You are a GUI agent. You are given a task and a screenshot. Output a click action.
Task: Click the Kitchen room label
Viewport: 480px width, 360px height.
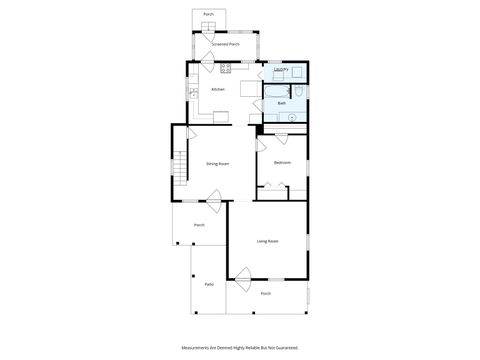tap(218, 89)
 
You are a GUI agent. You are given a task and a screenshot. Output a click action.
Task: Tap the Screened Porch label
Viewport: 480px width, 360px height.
tap(225, 45)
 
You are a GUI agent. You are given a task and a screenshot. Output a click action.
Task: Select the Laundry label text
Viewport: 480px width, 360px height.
tap(281, 70)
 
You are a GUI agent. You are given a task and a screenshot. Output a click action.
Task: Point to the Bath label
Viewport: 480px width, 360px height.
tap(282, 103)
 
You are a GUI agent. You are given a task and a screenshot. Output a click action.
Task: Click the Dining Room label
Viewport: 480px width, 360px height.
tap(218, 163)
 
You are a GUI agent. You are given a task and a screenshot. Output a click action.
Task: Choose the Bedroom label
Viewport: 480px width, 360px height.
tap(283, 162)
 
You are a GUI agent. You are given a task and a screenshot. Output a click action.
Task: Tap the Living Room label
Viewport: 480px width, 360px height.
tap(266, 241)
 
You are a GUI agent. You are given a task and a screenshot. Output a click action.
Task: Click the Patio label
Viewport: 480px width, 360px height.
tap(209, 285)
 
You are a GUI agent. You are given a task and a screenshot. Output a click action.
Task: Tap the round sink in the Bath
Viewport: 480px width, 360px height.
tap(291, 118)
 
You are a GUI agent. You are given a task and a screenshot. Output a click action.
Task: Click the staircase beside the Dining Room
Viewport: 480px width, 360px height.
tap(180, 165)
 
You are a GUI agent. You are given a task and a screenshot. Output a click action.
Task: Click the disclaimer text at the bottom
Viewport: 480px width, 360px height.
tap(239, 348)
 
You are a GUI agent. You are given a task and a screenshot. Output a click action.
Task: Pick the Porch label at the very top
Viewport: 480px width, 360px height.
tap(208, 15)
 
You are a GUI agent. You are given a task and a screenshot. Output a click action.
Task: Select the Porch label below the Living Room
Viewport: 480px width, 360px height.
tap(266, 293)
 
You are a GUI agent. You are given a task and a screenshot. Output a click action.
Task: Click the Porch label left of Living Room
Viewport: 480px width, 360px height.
tap(199, 225)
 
